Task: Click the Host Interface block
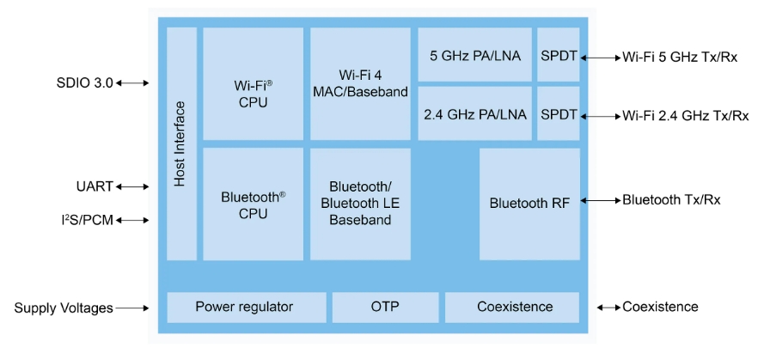tap(181, 143)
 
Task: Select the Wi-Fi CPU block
tap(253, 83)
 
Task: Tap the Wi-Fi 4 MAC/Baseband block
tap(360, 83)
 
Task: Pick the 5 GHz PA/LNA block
tap(474, 55)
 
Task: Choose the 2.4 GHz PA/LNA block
tap(474, 113)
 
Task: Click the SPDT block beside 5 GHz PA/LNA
tap(559, 55)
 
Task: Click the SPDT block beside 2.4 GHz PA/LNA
tap(559, 113)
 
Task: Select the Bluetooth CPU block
tap(253, 204)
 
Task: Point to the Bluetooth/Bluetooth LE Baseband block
tap(360, 204)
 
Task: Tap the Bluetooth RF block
tap(529, 204)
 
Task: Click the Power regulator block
tap(246, 307)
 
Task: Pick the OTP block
tap(385, 307)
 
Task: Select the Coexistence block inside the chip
tap(515, 307)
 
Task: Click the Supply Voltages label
tap(63, 308)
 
